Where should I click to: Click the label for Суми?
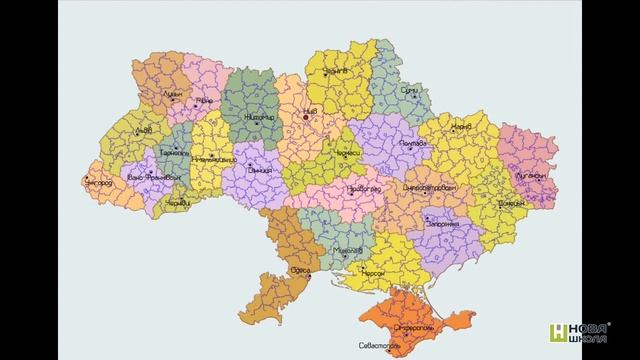(x=409, y=90)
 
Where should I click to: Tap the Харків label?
(x=461, y=128)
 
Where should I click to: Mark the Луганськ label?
(x=529, y=173)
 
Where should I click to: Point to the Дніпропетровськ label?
(x=431, y=187)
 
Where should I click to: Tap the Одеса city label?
(x=297, y=270)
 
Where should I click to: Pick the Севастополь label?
(x=377, y=346)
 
